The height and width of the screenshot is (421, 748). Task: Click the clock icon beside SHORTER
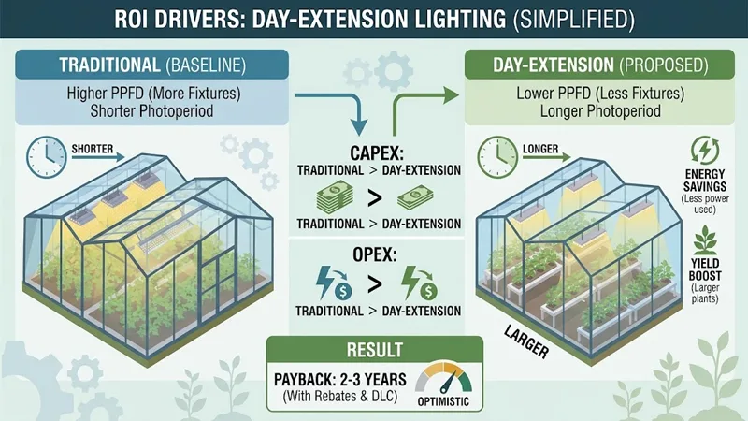click(46, 157)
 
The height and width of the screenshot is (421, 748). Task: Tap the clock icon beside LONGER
click(497, 157)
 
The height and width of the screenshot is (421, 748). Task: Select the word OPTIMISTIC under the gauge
click(443, 402)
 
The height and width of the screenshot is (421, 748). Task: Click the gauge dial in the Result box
click(443, 377)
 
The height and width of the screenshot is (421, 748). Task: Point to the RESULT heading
click(375, 350)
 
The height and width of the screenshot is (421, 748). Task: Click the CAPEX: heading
click(377, 153)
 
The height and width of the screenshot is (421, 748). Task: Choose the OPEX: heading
click(375, 254)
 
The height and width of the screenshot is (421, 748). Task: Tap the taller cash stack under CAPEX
click(335, 197)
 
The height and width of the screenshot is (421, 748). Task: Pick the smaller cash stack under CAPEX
click(415, 197)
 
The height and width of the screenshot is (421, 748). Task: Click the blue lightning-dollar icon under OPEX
click(334, 283)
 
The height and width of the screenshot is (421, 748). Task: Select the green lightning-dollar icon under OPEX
click(419, 283)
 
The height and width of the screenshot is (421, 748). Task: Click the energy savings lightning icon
click(705, 151)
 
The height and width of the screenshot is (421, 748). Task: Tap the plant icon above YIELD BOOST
click(705, 240)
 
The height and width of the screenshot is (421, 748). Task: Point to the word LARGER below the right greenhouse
click(526, 342)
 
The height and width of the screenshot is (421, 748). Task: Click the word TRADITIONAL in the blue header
click(109, 65)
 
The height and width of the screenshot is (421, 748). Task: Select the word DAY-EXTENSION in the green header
click(554, 65)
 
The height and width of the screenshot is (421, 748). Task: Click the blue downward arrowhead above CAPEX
click(359, 127)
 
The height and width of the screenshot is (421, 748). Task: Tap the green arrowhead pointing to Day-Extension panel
click(451, 95)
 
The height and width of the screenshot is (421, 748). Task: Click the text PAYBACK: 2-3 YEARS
click(340, 380)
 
